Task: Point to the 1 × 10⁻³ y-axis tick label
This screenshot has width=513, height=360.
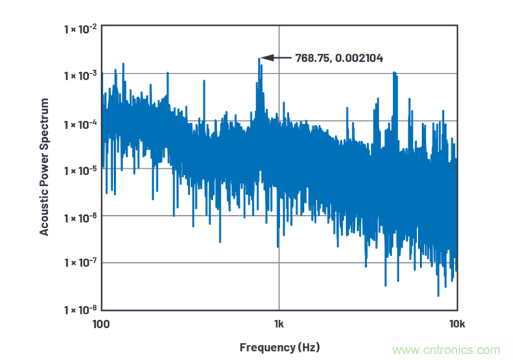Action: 79,75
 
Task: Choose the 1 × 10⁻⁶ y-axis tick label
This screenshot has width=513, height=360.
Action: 79,216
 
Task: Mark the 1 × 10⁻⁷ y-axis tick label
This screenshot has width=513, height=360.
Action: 79,262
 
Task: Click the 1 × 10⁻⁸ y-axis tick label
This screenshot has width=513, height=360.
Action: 79,309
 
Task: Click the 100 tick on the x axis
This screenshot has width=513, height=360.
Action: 101,323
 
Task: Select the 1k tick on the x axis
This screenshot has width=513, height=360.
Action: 279,323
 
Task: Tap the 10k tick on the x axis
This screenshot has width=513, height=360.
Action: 457,323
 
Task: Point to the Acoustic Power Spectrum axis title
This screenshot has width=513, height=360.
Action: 45,167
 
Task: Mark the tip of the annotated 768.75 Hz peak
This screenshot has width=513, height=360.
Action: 259,59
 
